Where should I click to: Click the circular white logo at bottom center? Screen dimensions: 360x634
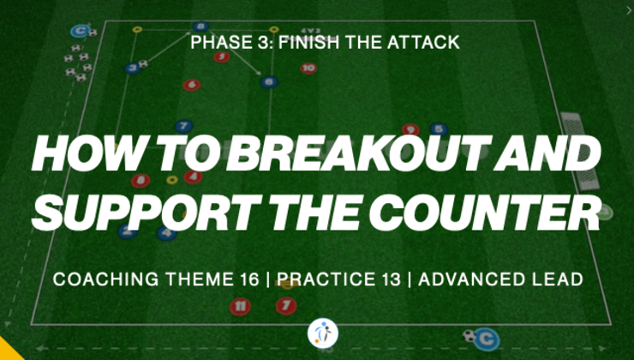(322, 333)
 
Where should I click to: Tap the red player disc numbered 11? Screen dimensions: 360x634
(241, 305)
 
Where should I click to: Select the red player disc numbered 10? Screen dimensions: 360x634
(308, 69)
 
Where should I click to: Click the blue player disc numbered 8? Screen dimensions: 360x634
(200, 27)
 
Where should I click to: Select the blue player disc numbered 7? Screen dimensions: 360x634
(183, 126)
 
